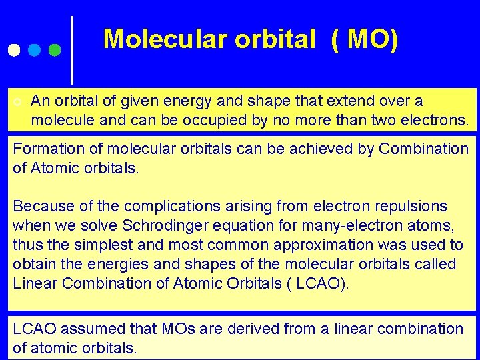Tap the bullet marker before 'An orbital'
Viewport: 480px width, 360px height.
(x=17, y=101)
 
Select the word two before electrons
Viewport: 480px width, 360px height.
(x=384, y=121)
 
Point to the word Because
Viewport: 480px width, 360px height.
(x=40, y=206)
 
